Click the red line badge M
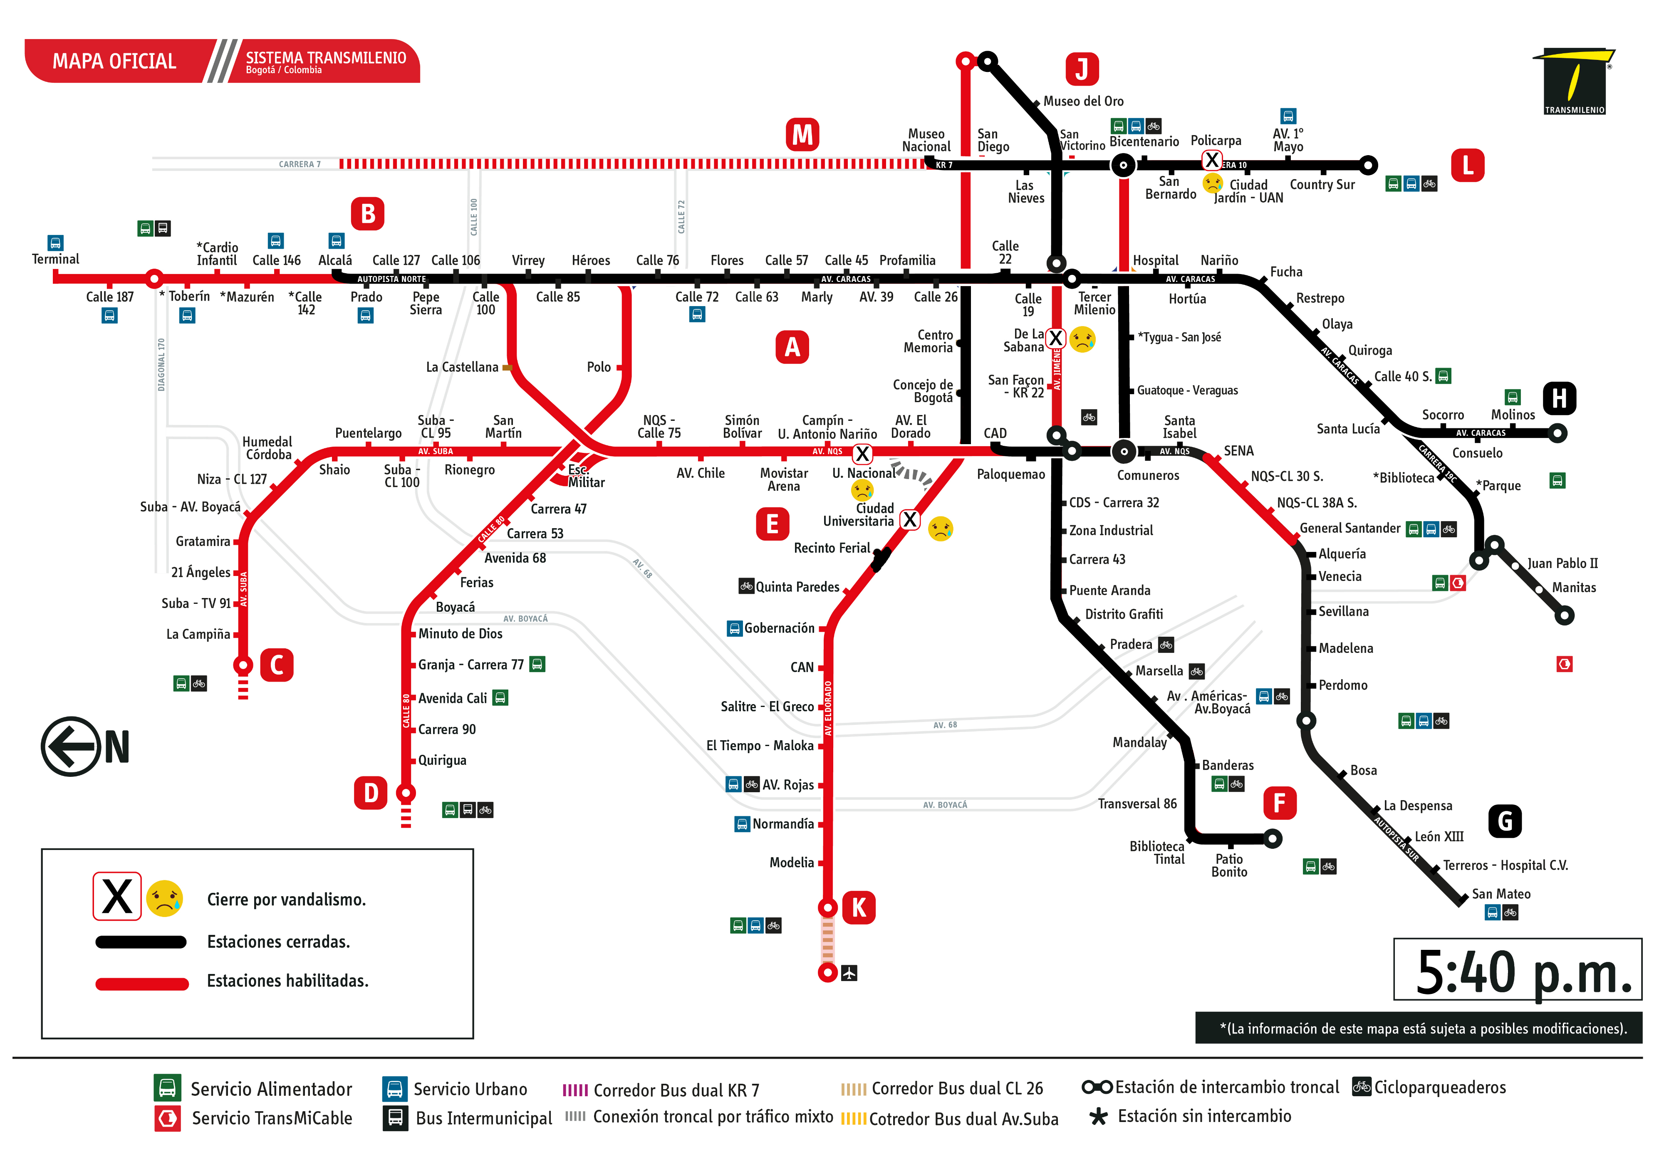pyautogui.click(x=802, y=135)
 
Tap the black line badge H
pyautogui.click(x=1559, y=398)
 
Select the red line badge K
pyautogui.click(x=859, y=907)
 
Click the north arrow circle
pyautogui.click(x=70, y=746)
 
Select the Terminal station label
pyautogui.click(x=56, y=260)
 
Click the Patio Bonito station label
pyautogui.click(x=1229, y=865)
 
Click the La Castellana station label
pyautogui.click(x=462, y=367)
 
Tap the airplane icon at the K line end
pyautogui.click(x=849, y=973)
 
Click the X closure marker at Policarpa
pyautogui.click(x=1212, y=160)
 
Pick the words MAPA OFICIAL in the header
pyautogui.click(x=114, y=62)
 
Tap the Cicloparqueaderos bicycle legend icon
pyautogui.click(x=1362, y=1087)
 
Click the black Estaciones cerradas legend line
pyautogui.click(x=141, y=942)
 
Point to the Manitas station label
pyautogui.click(x=1573, y=588)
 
